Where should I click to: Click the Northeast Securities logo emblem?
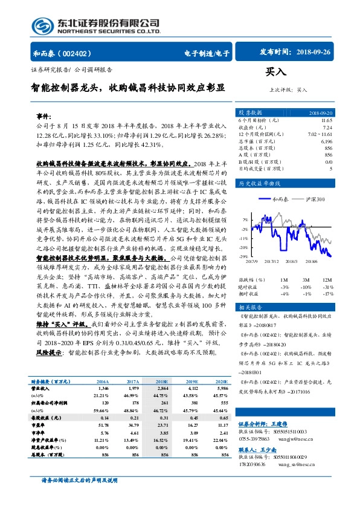coord(43,24)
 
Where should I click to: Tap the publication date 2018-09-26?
coord(314,53)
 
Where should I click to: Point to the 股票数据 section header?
coord(250,113)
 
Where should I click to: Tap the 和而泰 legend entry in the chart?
coord(280,199)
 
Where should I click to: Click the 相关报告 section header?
coord(250,307)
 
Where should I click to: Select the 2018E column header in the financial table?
coord(161,382)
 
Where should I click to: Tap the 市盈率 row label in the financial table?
coord(39,426)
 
